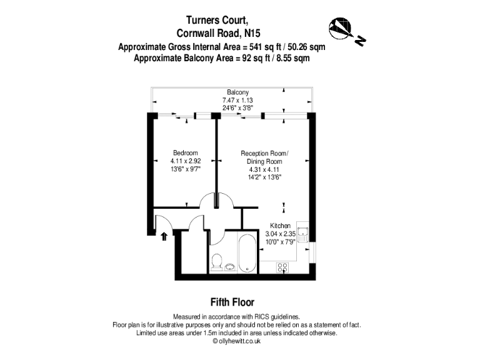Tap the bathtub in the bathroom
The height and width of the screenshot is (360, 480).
point(247,253)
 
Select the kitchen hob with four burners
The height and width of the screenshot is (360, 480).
point(282,267)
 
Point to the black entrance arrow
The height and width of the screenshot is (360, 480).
point(164,236)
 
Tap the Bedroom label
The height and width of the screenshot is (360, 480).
point(186,153)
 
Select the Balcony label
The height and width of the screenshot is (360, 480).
point(237,92)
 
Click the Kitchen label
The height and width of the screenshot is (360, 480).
point(279,225)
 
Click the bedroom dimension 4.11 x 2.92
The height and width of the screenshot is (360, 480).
point(186,161)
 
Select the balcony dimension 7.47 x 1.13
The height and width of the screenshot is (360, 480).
point(237,100)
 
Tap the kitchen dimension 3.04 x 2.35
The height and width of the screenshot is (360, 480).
point(279,233)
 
